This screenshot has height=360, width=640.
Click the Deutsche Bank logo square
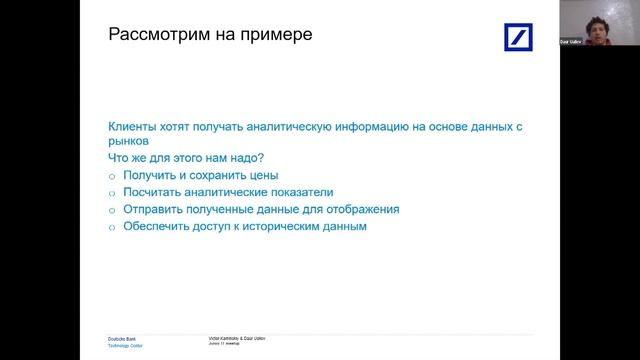point(520,40)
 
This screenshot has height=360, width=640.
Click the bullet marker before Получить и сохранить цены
point(112,176)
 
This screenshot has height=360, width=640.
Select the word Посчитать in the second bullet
point(154,192)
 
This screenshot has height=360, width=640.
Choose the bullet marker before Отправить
point(112,210)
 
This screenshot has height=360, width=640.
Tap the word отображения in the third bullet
point(364,209)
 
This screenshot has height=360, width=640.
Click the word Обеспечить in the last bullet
point(156,226)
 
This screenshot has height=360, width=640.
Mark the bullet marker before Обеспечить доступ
point(112,227)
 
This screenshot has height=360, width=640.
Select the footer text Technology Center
point(125,346)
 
